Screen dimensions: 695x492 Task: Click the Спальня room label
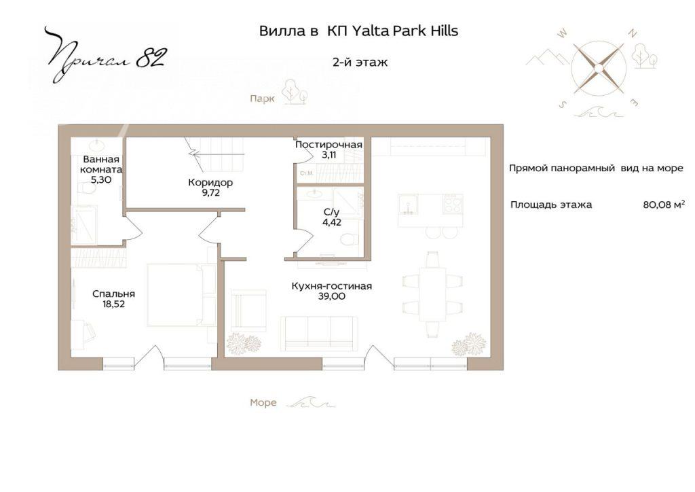tap(113, 294)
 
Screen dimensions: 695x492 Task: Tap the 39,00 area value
tap(331, 297)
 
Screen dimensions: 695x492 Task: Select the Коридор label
tap(210, 182)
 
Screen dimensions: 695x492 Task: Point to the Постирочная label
tap(329, 145)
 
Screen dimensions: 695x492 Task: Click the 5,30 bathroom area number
tap(101, 179)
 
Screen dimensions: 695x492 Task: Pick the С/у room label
tap(331, 212)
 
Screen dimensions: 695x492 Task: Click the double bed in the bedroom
tap(182, 295)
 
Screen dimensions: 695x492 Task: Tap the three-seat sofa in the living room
tap(319, 334)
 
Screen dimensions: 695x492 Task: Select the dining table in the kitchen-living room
tap(432, 294)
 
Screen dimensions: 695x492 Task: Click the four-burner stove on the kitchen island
tap(453, 205)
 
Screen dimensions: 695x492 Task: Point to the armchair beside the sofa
tap(248, 311)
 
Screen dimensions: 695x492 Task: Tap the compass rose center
tap(597, 68)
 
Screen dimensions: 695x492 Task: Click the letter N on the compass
tap(633, 33)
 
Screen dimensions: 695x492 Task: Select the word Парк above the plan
tap(262, 99)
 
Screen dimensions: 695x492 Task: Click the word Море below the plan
tap(263, 403)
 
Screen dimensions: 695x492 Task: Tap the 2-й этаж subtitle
tap(360, 62)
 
